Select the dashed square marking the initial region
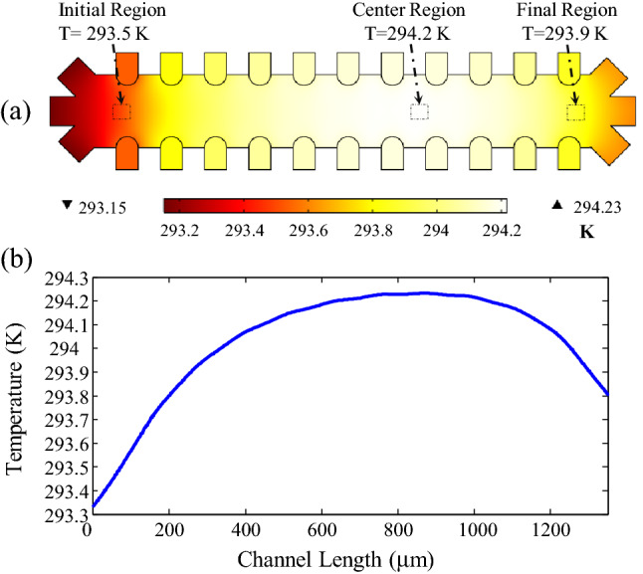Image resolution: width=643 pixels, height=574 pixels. click(121, 111)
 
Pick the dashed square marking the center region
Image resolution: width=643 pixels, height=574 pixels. click(419, 111)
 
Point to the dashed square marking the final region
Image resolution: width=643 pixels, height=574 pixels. click(575, 112)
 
